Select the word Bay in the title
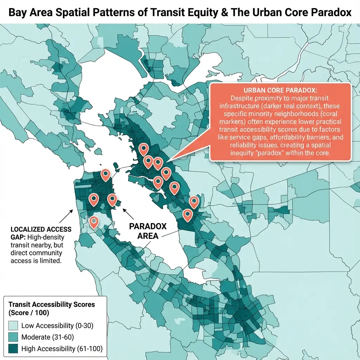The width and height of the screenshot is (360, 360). tap(18, 12)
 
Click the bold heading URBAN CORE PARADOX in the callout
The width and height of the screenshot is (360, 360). tap(280, 90)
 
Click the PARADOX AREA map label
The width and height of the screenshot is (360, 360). tap(148, 231)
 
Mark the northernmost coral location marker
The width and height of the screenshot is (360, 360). tap(143, 149)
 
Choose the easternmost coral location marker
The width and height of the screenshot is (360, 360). tap(194, 201)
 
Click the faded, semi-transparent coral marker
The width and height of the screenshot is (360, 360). tap(94, 222)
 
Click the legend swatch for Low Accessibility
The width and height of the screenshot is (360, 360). tap(13, 326)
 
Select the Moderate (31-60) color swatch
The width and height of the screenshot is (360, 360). tap(13, 337)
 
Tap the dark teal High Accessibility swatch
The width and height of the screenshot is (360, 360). tap(13, 349)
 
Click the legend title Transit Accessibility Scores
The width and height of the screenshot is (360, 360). tap(51, 304)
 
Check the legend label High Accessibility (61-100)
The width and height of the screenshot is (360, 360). tap(62, 349)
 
